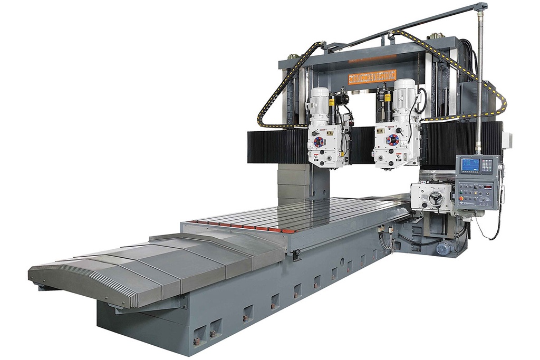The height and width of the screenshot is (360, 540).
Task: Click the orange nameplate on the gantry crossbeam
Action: coord(372,76)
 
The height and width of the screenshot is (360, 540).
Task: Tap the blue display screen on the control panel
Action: coord(470,165)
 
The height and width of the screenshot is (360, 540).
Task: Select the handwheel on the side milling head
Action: coord(436,198)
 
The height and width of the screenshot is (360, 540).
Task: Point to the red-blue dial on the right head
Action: coord(393,140)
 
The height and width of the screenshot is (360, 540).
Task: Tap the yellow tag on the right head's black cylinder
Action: coord(386,98)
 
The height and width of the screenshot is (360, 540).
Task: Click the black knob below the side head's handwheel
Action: coord(436,212)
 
